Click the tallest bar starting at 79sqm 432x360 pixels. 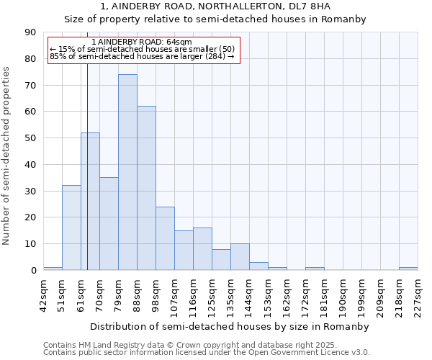pos(127,172)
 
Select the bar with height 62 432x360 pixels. pos(146,188)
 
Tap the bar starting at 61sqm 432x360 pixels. pos(90,202)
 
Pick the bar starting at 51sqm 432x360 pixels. pos(71,228)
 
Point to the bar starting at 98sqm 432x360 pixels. pos(165,238)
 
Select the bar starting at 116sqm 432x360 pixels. pos(202,249)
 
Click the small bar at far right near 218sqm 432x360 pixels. pos(408,269)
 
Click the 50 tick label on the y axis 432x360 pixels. pos(30,138)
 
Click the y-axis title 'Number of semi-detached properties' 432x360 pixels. pos(7,156)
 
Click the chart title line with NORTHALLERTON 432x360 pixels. pos(215,6)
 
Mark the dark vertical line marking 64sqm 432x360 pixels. pos(87,180)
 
